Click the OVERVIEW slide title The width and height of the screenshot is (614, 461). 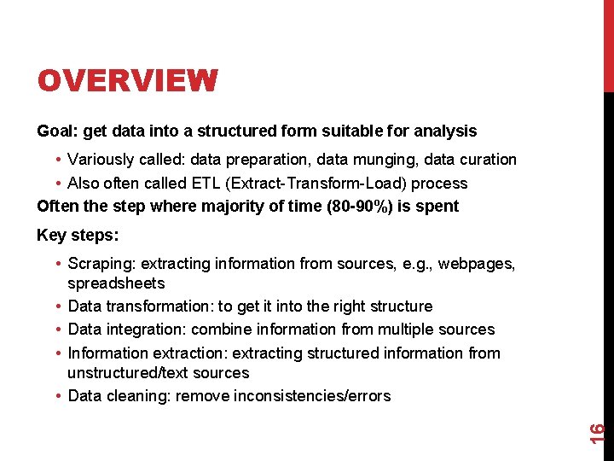pos(127,81)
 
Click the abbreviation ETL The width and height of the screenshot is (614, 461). pos(212,183)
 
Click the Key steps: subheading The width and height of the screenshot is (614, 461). pos(77,236)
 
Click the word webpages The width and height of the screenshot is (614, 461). pos(475,264)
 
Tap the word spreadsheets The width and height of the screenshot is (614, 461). pos(116,283)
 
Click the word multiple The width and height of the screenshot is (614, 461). pos(382,330)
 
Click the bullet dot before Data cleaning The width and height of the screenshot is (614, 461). pos(55,395)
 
